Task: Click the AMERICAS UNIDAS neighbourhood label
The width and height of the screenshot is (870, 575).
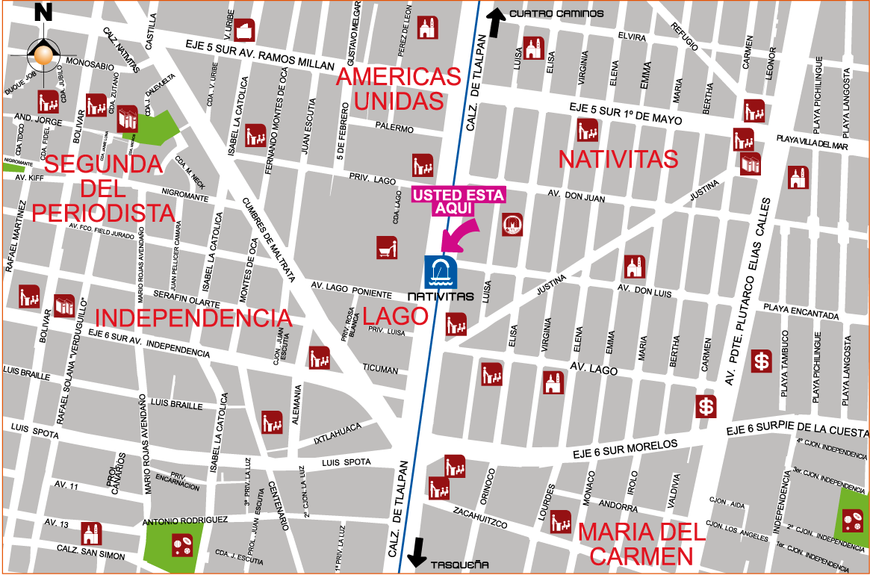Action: pos(399,88)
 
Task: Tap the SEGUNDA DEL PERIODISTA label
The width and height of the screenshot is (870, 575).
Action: pos(103,188)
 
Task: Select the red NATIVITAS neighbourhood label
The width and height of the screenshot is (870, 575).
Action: pos(618,159)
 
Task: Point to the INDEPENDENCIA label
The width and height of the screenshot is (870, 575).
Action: pos(193,318)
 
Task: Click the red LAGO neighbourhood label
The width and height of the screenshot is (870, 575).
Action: pos(395,316)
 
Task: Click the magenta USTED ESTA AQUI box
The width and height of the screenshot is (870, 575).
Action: pos(459,201)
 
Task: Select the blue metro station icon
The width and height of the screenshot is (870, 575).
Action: pos(441,272)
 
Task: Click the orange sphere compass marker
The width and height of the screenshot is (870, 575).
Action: pos(44,55)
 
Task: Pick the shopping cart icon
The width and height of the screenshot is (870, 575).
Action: pos(387,246)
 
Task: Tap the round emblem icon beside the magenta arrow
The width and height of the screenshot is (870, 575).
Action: pos(512,224)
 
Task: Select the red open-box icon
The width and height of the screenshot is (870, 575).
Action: pos(245,30)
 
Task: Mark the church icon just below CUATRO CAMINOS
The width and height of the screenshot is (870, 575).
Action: pos(532,49)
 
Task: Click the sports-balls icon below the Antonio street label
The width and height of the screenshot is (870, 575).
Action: pos(181,546)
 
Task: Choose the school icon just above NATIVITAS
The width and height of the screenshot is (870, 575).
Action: pos(588,130)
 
